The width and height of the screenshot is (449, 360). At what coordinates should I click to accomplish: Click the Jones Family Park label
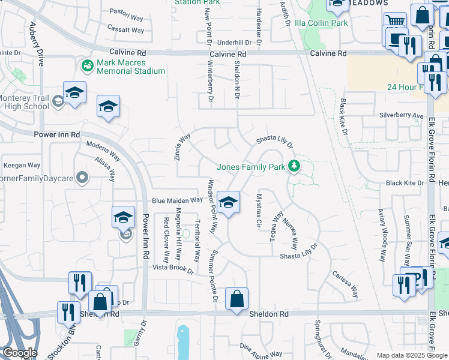click(250, 167)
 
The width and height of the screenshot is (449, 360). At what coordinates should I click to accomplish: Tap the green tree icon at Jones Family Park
click(294, 166)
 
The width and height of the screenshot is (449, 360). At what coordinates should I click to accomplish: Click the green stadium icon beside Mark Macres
click(88, 64)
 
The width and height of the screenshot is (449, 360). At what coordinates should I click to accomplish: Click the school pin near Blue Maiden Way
click(228, 203)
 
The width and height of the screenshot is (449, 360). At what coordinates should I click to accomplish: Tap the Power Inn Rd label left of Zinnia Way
click(57, 135)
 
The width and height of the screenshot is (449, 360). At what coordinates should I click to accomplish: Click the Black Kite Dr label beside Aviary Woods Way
click(405, 183)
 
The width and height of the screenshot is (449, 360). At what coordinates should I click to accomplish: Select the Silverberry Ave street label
click(401, 115)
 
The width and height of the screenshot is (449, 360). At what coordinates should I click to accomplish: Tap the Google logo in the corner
click(19, 353)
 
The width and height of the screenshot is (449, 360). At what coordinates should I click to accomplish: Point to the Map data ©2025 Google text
click(412, 355)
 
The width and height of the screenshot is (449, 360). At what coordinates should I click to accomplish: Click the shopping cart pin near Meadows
click(394, 21)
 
